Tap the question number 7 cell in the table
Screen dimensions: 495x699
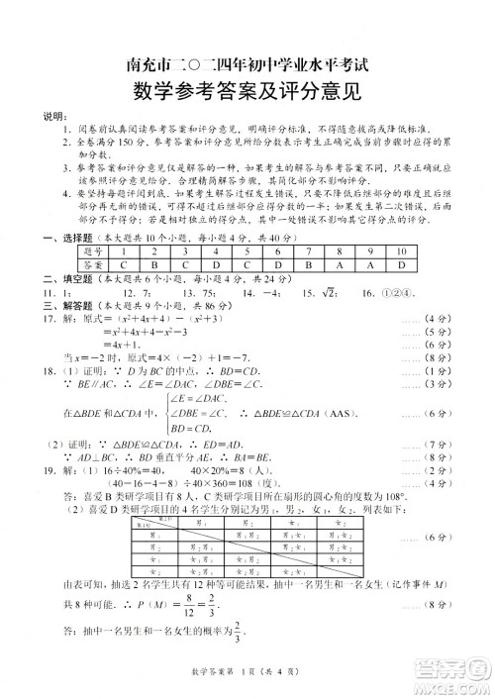pos(308,252)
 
